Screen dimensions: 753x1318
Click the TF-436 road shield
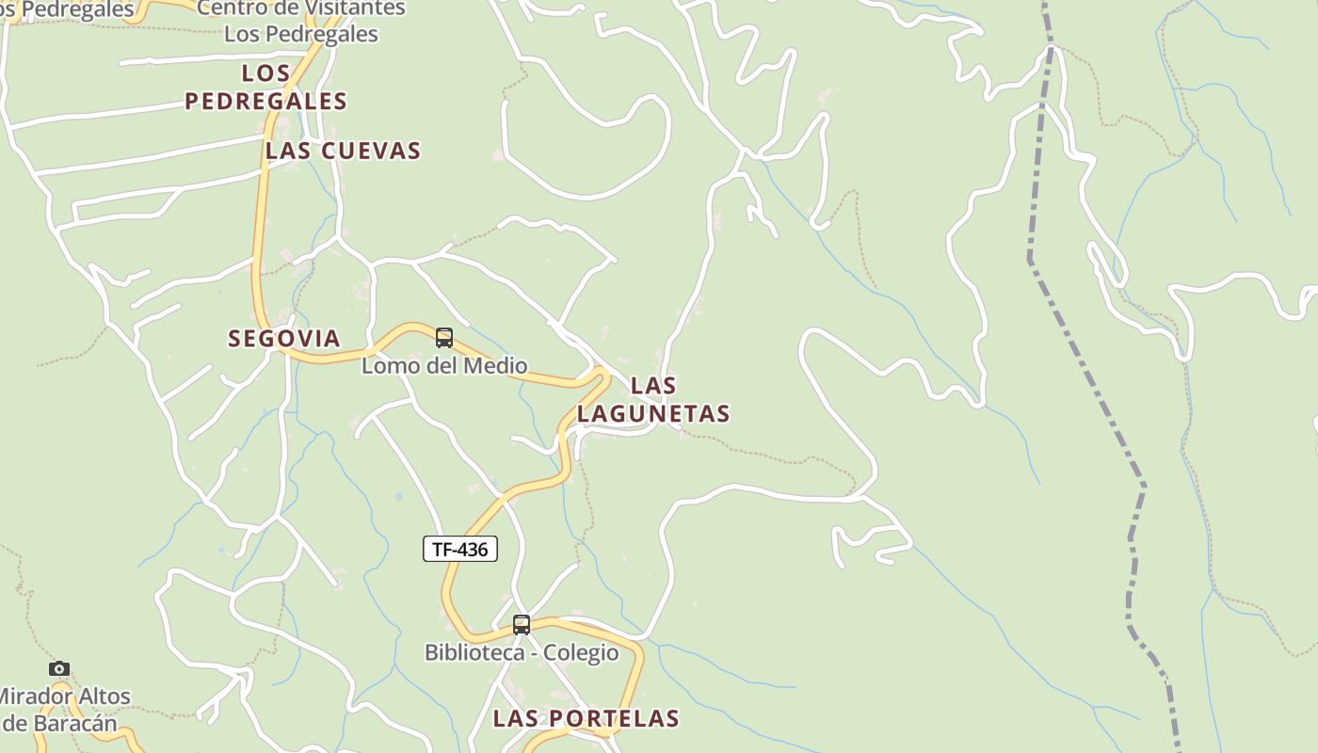(460, 549)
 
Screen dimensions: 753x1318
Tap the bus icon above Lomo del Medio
(444, 338)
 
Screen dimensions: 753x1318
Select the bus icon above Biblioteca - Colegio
(522, 624)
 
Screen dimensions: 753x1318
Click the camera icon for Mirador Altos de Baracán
(59, 668)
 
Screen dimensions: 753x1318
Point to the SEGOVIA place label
(283, 339)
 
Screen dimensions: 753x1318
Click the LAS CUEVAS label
(343, 151)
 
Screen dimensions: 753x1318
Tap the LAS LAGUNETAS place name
(653, 399)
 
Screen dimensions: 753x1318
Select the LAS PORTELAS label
(586, 718)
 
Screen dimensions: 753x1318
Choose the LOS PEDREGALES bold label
(265, 87)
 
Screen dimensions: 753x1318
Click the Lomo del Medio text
(444, 365)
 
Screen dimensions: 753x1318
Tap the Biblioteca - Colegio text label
(522, 652)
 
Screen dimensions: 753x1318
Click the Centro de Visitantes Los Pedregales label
(301, 21)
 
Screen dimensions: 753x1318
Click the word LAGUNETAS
(653, 413)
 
